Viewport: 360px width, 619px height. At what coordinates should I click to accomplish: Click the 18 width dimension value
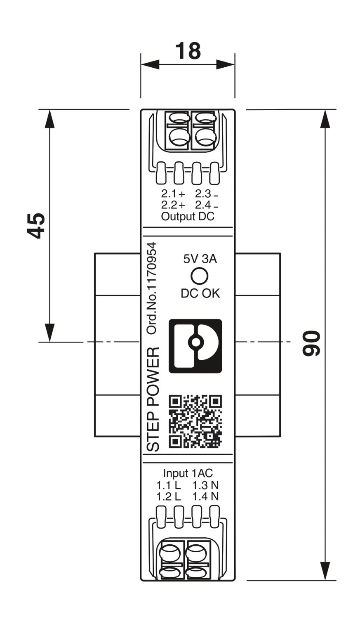coord(188,51)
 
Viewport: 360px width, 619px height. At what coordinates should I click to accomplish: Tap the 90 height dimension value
coord(311,343)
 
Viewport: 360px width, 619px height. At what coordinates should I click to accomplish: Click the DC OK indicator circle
coord(199,276)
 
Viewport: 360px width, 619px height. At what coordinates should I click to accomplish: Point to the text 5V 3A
coord(200,259)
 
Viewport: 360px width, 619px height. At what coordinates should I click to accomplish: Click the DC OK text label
coord(200,293)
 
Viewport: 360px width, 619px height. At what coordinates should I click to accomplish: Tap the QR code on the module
coord(195,421)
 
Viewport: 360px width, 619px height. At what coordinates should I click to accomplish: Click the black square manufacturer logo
coord(195,346)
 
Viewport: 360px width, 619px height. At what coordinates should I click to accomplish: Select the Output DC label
coord(188,216)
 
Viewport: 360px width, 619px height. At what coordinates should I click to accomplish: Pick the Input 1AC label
coord(188,473)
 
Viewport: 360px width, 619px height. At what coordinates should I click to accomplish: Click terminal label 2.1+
coord(173,194)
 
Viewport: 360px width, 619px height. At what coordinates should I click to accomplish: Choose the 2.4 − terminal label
coord(207,205)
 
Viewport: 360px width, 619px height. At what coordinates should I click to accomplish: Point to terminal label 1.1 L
coord(169,485)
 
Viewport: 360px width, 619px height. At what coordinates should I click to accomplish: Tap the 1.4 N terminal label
coord(205,496)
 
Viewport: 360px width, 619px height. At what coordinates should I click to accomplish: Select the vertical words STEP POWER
coord(153,399)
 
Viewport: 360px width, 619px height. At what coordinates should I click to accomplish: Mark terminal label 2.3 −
coord(207,194)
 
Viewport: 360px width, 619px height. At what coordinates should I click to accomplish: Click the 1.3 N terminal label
coord(205,485)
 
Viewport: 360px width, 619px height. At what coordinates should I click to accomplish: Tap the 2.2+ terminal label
coord(173,205)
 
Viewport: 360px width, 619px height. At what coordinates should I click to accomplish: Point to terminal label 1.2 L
coord(169,496)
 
